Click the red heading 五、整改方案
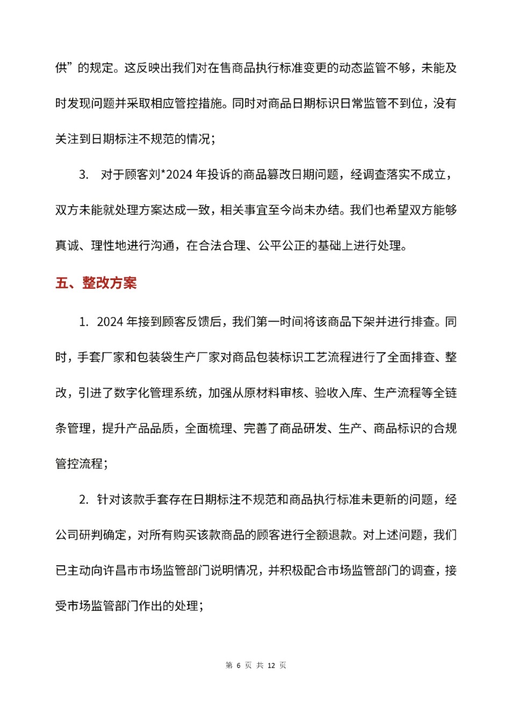96,283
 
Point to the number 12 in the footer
271,666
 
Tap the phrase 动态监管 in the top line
357,68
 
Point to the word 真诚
67,245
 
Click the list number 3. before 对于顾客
84,175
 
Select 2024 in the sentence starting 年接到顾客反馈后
110,322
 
